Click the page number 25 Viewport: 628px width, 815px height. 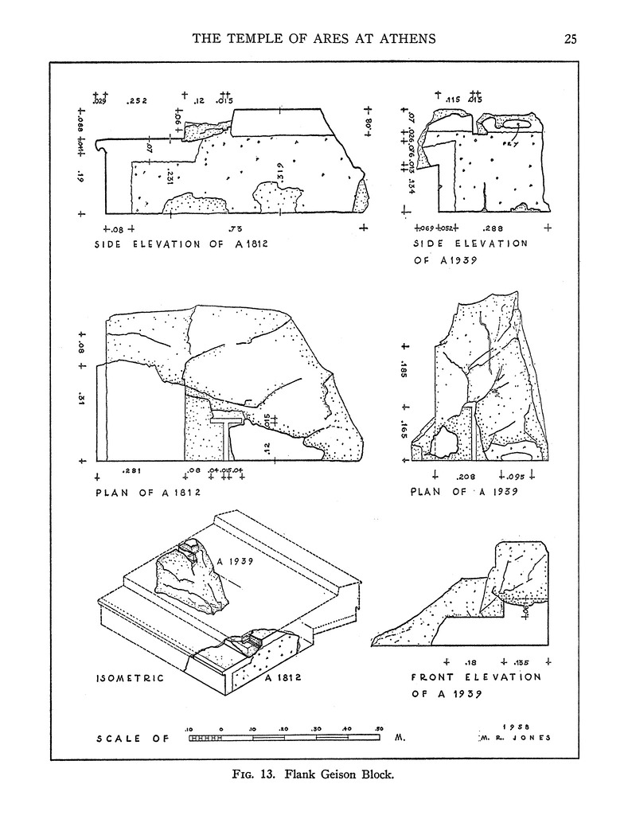click(x=569, y=37)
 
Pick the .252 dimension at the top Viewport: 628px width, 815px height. click(x=138, y=102)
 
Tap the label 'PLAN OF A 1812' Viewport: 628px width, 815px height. click(x=148, y=492)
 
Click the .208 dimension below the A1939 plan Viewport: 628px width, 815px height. click(x=466, y=477)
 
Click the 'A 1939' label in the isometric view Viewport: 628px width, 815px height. click(x=235, y=561)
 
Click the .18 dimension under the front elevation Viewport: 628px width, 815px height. click(x=470, y=661)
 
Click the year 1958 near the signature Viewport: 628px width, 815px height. click(x=520, y=726)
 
